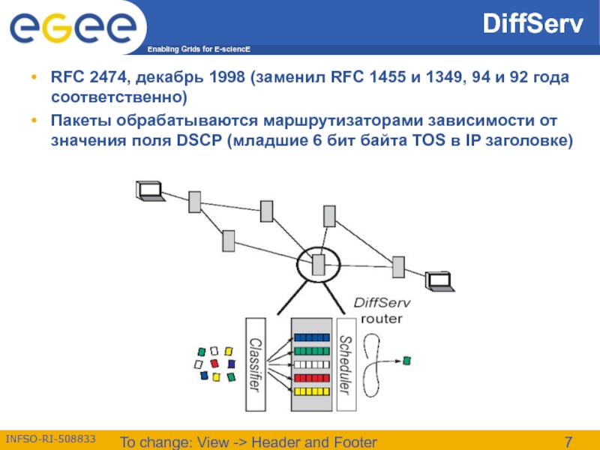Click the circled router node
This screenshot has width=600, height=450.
318,264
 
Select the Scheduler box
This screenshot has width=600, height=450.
346,364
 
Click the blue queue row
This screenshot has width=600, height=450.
310,338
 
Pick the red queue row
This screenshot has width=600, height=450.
310,378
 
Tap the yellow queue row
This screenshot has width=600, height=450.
310,391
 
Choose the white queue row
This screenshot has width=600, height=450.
310,364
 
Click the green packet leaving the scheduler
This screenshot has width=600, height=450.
406,361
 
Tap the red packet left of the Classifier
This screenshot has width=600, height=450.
214,363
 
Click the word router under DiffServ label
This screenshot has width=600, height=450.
382,318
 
